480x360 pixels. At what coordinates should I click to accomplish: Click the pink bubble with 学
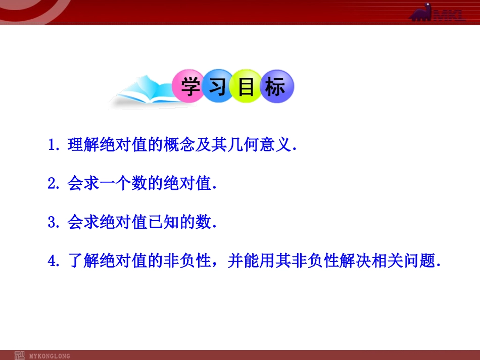point(188,87)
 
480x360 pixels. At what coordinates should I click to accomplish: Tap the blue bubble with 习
point(217,87)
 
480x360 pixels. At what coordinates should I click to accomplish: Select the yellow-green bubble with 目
point(246,87)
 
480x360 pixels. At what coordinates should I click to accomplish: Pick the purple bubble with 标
point(275,87)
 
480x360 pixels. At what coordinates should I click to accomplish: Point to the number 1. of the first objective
point(54,146)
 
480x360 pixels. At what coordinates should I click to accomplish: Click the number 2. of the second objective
point(54,184)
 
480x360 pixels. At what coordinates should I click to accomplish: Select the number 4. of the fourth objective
point(54,262)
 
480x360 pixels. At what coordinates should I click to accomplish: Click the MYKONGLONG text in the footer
point(50,356)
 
